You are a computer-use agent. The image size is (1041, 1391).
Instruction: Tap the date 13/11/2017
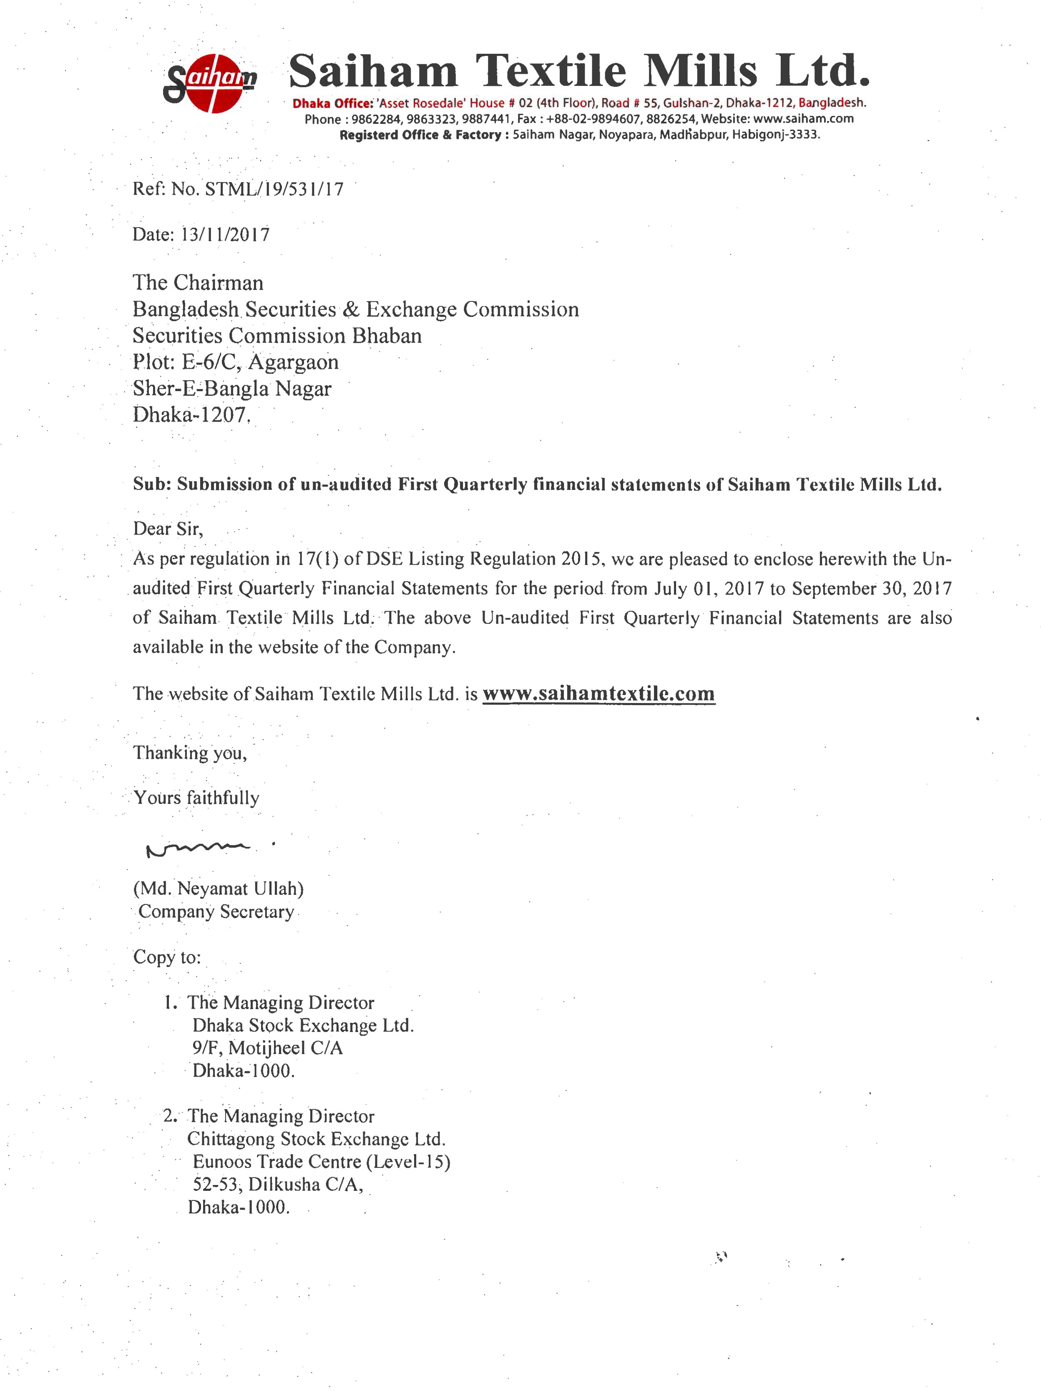pyautogui.click(x=225, y=235)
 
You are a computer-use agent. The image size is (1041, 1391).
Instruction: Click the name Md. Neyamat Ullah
pyautogui.click(x=218, y=889)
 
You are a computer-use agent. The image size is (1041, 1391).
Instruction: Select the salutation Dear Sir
pyautogui.click(x=167, y=529)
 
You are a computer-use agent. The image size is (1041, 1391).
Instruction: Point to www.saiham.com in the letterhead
pyautogui.click(x=803, y=119)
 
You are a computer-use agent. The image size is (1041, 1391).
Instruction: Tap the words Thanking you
pyautogui.click(x=189, y=753)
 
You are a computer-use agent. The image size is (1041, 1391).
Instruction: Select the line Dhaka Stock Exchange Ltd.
pyautogui.click(x=302, y=1026)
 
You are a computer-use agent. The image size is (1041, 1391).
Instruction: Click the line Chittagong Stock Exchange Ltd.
pyautogui.click(x=316, y=1139)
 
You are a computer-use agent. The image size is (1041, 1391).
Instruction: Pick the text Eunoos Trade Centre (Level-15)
pyautogui.click(x=321, y=1162)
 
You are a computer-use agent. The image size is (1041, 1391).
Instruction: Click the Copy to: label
pyautogui.click(x=167, y=957)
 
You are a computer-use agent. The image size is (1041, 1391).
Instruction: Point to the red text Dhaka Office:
pyautogui.click(x=332, y=103)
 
